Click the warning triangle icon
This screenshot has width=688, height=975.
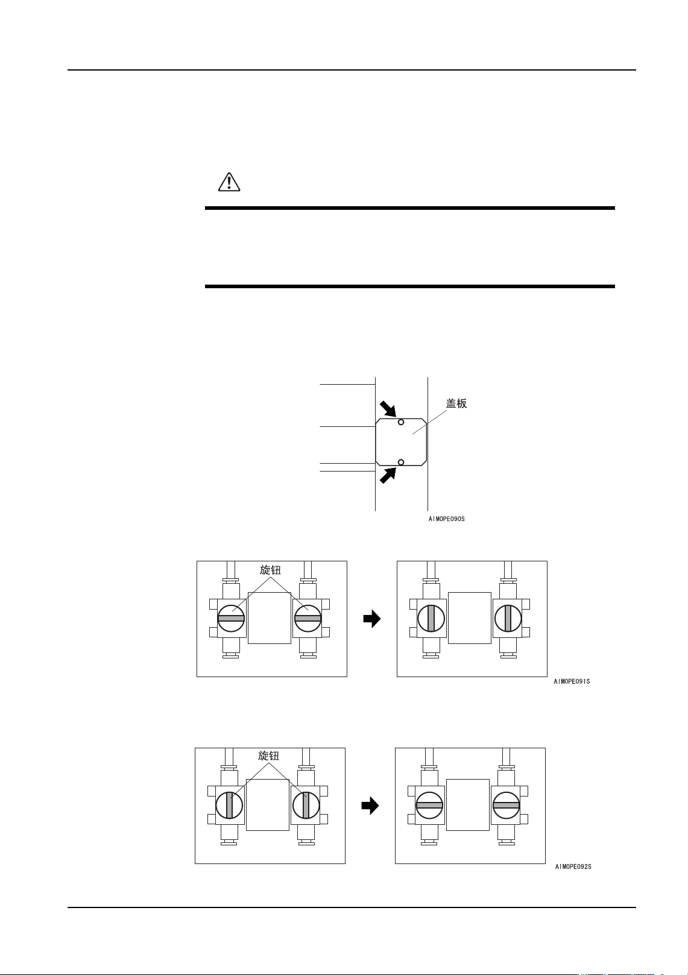click(229, 182)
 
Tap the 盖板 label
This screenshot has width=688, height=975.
click(456, 403)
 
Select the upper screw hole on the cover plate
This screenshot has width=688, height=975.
click(401, 422)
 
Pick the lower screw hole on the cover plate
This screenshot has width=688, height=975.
click(401, 462)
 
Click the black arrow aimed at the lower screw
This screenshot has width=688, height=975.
click(388, 475)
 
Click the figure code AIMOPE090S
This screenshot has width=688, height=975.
click(446, 519)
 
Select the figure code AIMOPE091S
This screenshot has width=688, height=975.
click(572, 681)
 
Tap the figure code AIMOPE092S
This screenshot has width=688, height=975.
click(573, 866)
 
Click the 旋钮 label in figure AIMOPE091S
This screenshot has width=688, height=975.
click(270, 570)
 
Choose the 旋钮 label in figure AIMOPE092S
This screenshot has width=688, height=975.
click(268, 756)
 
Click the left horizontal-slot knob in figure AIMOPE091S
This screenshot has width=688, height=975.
click(231, 618)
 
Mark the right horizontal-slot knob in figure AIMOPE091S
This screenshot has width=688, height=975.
click(308, 618)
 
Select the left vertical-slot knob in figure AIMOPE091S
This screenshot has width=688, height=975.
click(431, 618)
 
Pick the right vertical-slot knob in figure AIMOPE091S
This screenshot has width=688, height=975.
click(508, 618)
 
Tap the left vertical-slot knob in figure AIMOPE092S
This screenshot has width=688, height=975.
click(229, 805)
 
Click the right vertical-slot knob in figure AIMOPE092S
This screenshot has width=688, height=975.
click(306, 805)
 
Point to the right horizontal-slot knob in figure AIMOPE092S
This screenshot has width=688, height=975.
click(506, 805)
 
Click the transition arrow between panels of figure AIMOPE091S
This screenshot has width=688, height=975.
click(372, 619)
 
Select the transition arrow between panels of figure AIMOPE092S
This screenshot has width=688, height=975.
click(370, 806)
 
